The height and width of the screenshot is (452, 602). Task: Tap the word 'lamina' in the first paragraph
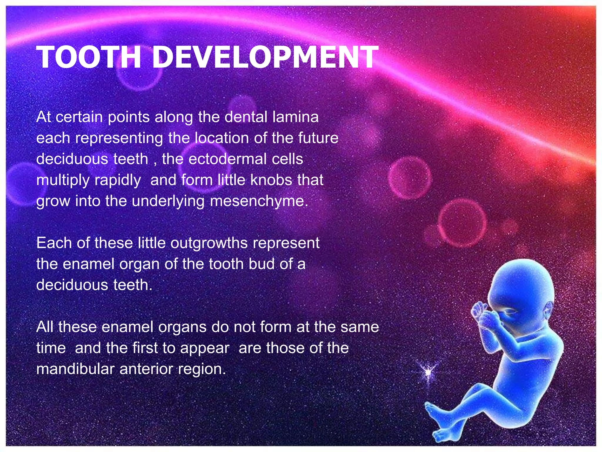tap(295, 117)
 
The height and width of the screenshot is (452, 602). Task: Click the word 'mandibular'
tap(75, 369)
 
